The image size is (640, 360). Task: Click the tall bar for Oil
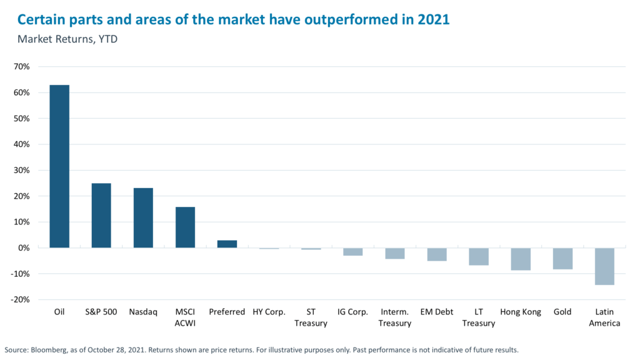point(59,166)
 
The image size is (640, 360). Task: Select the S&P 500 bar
point(101,216)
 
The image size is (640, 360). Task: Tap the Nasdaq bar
point(143,218)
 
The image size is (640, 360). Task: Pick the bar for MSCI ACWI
point(185,227)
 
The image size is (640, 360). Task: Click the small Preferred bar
point(227,244)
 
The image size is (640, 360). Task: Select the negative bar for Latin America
point(604,266)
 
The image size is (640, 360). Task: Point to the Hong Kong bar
point(520,259)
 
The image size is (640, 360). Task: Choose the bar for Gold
point(562,258)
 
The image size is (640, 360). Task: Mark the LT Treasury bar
point(478,256)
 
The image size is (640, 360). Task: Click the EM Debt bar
point(436,254)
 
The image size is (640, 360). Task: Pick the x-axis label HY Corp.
point(269,312)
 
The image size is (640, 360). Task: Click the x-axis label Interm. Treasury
point(394,317)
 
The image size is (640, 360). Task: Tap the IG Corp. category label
point(352,312)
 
